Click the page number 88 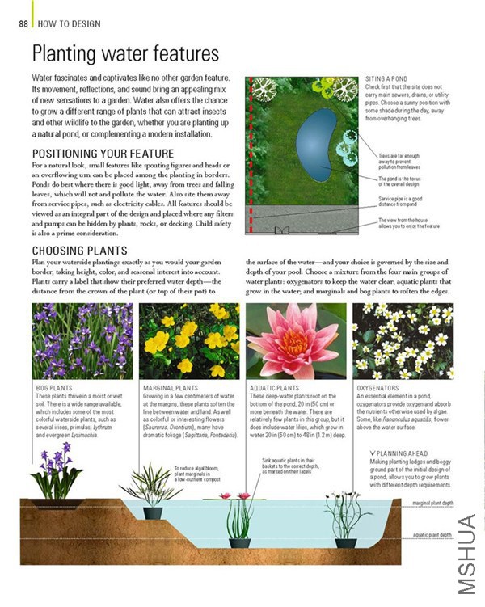(22, 23)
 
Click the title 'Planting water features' (125, 54)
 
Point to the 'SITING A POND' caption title (386, 78)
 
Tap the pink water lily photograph (296, 340)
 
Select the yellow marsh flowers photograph (189, 340)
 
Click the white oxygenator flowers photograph (403, 340)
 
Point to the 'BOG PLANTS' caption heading (54, 388)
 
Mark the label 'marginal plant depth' (432, 503)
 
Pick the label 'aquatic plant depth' (432, 535)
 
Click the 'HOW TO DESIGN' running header (64, 23)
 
